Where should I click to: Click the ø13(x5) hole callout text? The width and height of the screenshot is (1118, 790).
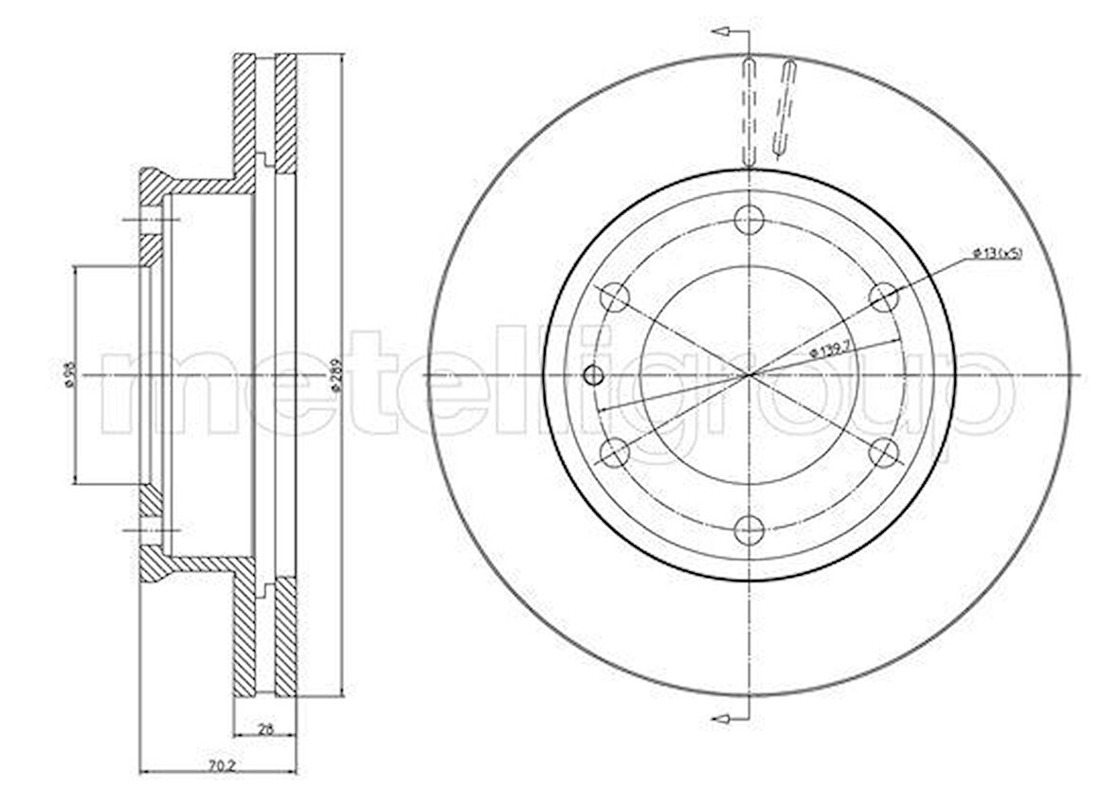coord(997,253)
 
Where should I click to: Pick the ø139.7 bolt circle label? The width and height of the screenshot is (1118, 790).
coord(827,351)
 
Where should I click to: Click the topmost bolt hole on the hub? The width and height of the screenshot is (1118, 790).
coord(749,220)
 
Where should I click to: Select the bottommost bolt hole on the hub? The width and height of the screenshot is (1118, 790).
coord(749,530)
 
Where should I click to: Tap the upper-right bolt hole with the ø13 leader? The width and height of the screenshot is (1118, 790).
coord(883,297)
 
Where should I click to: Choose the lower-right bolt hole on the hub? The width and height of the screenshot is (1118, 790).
coord(883,453)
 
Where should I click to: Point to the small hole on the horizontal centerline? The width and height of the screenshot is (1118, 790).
coord(594,375)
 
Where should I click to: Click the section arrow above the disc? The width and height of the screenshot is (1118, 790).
coord(722,33)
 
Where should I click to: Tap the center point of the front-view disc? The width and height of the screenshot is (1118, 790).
coord(749,375)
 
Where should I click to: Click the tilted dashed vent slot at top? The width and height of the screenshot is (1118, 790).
coord(784,107)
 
